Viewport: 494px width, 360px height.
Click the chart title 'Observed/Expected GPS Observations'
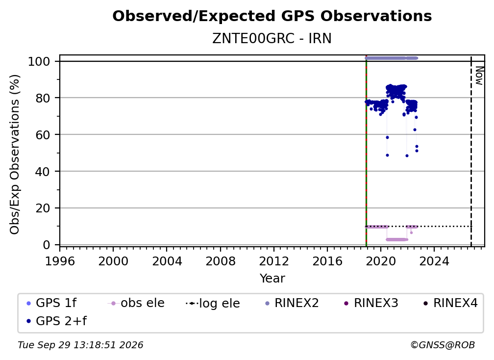[272, 16]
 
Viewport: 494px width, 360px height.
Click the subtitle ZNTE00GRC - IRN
[272, 39]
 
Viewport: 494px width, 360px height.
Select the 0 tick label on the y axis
[46, 245]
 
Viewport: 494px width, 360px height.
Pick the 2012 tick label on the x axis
[274, 261]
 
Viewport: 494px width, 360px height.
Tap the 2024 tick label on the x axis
[434, 261]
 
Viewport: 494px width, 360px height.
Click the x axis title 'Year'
[272, 279]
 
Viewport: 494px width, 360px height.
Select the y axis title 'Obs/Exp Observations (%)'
[15, 154]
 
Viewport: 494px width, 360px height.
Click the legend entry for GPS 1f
[51, 303]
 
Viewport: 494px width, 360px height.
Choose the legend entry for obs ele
[136, 303]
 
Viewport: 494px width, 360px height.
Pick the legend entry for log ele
[213, 303]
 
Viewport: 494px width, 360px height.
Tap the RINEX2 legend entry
[292, 303]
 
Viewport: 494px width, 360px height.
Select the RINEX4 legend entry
[450, 303]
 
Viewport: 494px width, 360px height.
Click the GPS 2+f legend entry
[56, 321]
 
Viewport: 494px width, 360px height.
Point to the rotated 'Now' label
[479, 76]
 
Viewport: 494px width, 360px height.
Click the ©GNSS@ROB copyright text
[443, 345]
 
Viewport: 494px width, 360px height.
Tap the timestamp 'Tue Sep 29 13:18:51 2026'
[80, 345]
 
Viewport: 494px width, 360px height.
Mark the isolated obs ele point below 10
[411, 232]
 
